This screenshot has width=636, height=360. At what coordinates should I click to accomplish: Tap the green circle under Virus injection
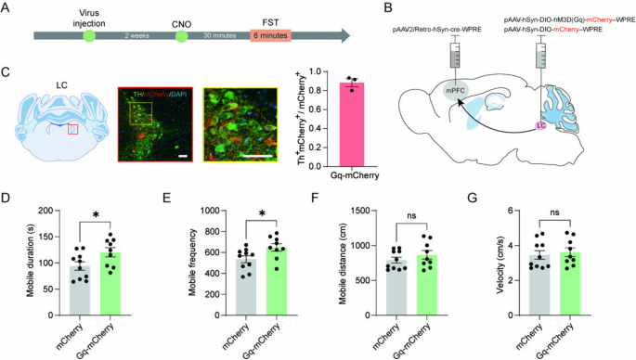tap(89, 36)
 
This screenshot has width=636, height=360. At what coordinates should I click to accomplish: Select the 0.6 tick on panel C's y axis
tap(316, 113)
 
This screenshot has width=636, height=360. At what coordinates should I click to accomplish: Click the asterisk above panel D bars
tap(97, 215)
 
